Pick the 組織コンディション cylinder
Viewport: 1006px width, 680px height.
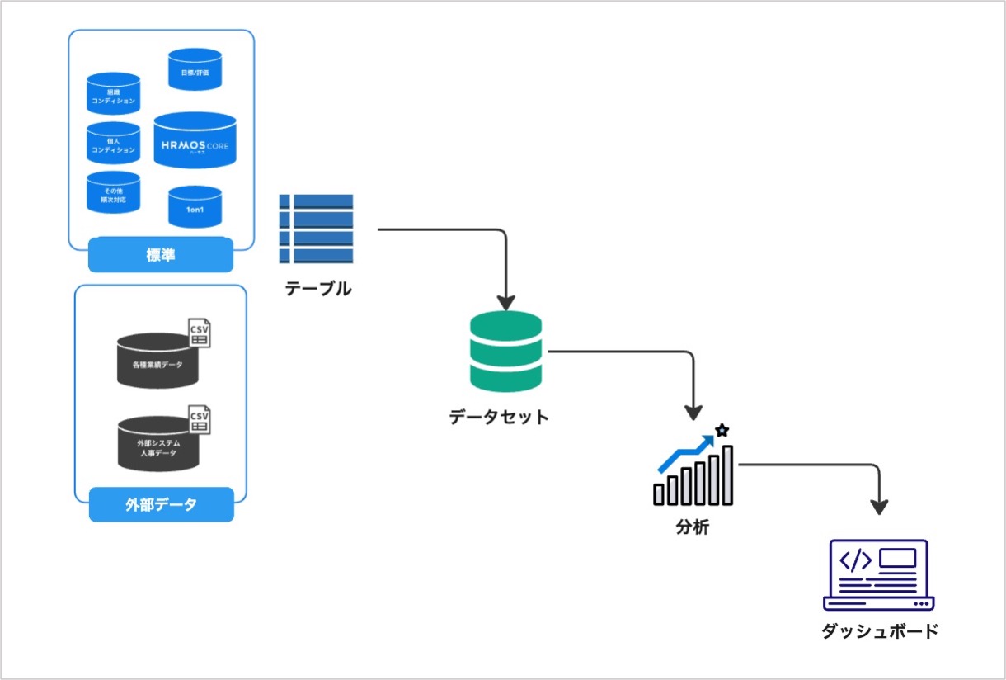pyautogui.click(x=114, y=94)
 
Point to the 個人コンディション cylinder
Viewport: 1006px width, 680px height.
pyautogui.click(x=114, y=144)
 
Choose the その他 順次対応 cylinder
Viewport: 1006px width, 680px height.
pyautogui.click(x=114, y=193)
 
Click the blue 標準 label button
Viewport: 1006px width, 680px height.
pyautogui.click(x=161, y=256)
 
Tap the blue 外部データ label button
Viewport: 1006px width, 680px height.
pyautogui.click(x=161, y=504)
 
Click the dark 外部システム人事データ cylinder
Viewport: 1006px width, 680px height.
pyautogui.click(x=157, y=445)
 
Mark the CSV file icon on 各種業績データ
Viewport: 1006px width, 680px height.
pyautogui.click(x=199, y=333)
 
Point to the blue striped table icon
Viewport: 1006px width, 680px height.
pyautogui.click(x=316, y=229)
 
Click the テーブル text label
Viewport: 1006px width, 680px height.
pyautogui.click(x=318, y=289)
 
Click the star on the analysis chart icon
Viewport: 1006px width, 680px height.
pyautogui.click(x=722, y=430)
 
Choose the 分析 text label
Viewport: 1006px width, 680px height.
pyautogui.click(x=692, y=527)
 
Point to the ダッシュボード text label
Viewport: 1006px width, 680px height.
pyautogui.click(x=881, y=632)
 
